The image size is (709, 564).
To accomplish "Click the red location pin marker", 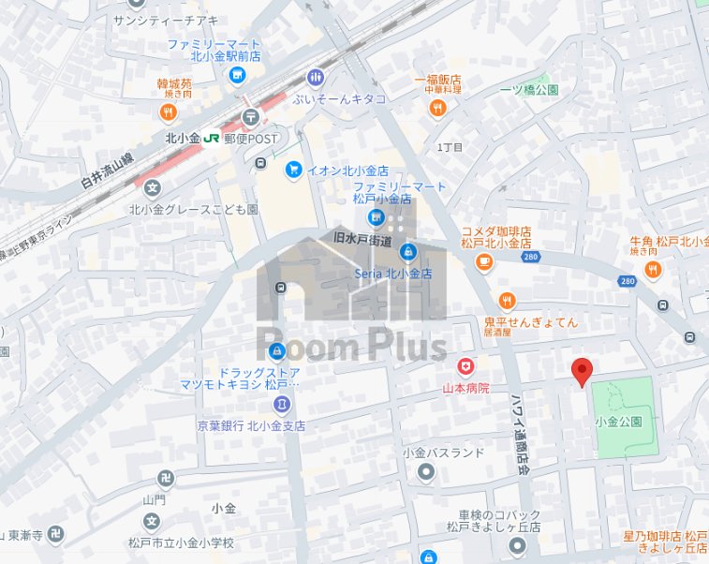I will click(583, 371).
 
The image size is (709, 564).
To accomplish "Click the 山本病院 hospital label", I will click(466, 387).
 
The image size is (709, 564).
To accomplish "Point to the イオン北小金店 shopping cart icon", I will click(293, 170).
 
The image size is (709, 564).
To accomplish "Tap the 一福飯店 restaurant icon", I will click(437, 108).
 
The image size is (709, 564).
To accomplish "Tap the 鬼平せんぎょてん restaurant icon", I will click(508, 301).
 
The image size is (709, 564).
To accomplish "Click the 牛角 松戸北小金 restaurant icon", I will click(653, 271).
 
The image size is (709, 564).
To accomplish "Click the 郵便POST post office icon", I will click(250, 117).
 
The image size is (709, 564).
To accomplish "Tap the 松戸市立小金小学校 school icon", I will click(152, 522).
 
